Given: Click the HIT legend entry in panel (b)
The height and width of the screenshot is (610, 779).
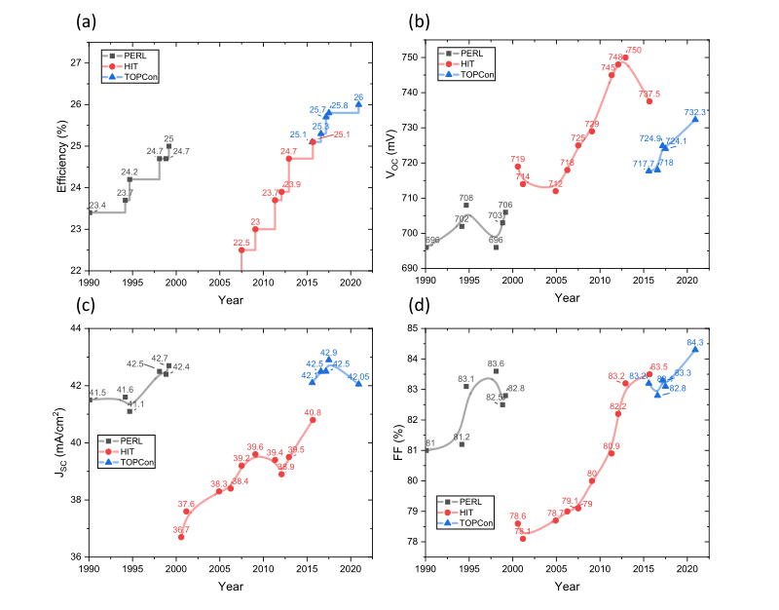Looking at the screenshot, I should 466,64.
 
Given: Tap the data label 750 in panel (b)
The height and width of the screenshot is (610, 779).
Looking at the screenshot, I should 634,50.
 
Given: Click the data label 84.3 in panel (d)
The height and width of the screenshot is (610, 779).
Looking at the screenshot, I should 695,343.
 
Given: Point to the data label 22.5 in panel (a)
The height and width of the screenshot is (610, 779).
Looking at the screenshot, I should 241,243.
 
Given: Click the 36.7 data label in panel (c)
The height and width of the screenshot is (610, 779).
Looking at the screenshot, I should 181,529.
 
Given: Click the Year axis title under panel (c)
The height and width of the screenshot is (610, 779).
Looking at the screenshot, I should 230,586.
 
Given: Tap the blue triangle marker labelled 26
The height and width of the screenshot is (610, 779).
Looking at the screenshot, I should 358,103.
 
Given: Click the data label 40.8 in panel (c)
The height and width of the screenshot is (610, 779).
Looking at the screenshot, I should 313,413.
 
